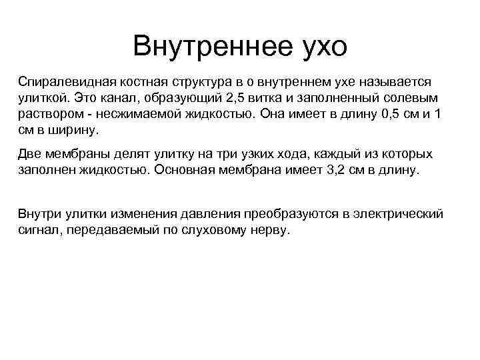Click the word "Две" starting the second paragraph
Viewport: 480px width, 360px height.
(x=31, y=154)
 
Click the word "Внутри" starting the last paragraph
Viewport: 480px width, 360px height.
(x=39, y=215)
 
